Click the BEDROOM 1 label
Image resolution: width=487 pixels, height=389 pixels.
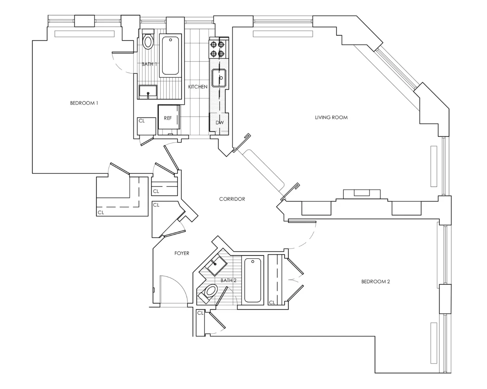84,103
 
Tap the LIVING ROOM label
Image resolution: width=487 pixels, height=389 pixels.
331,117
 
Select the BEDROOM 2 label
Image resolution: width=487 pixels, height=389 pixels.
376,282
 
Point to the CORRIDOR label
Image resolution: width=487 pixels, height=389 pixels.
232,199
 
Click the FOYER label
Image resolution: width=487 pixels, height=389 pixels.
182,253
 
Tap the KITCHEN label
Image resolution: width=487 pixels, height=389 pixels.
198,87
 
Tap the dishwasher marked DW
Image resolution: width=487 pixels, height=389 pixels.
219,122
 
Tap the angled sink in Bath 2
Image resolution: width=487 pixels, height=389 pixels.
215,266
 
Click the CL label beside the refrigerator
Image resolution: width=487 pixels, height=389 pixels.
142,121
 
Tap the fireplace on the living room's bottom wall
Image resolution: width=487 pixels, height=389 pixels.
361,193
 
